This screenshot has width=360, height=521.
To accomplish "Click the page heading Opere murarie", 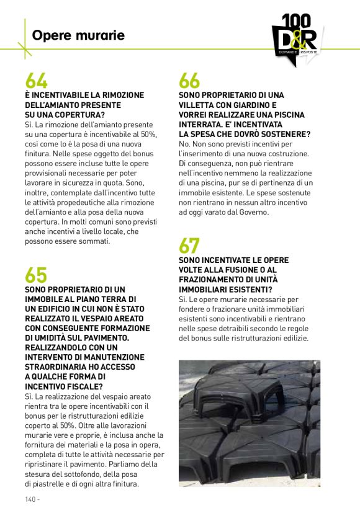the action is (78, 35).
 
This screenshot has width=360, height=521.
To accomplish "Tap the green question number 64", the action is (36, 81).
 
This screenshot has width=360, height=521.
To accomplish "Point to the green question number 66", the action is (189, 81).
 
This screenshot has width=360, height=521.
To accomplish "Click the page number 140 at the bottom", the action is (32, 499).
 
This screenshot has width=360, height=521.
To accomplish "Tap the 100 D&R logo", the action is (297, 38).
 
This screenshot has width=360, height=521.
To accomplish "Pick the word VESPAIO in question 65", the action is (110, 318).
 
